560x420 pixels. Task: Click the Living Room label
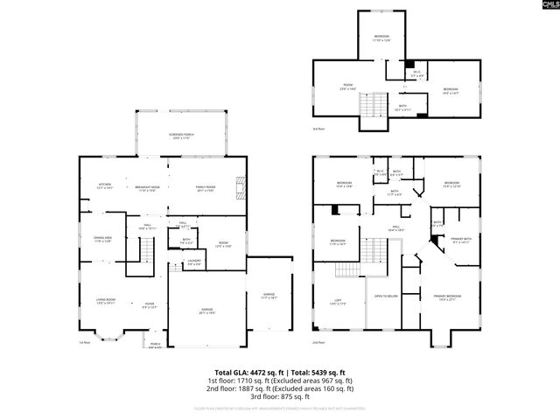(x=107, y=302)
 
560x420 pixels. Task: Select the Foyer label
(x=150, y=305)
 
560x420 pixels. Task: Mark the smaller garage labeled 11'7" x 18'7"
(x=268, y=297)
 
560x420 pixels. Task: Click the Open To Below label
(x=387, y=297)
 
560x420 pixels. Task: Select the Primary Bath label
(x=461, y=241)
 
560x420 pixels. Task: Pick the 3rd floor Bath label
(x=402, y=107)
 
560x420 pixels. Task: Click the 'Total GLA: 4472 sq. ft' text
(x=246, y=372)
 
